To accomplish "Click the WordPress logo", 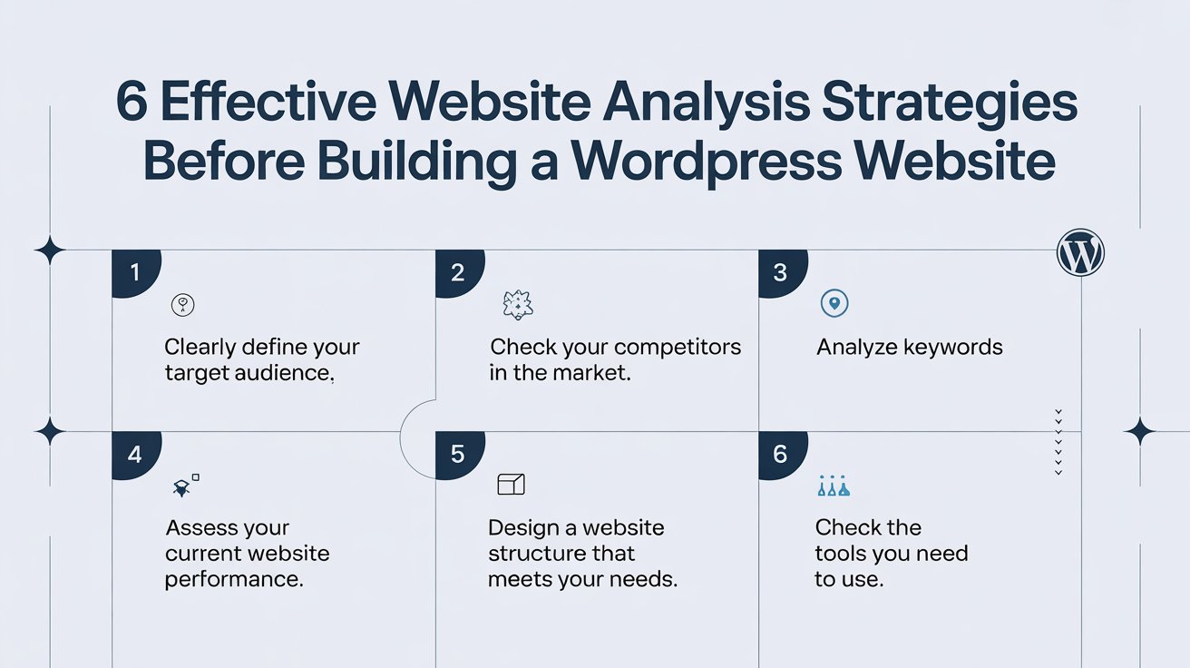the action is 1080,252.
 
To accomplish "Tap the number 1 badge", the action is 135,272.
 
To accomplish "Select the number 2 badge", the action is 458,272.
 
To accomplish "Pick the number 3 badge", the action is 782,272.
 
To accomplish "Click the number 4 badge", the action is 135,455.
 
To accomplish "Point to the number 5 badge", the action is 458,455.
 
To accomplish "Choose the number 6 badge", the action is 782,455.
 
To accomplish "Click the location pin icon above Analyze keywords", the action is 834,303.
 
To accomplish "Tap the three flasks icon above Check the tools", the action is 834,486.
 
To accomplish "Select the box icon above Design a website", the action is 511,485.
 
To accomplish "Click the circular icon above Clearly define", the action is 182,305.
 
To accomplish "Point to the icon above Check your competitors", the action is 517,305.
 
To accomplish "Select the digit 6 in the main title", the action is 132,101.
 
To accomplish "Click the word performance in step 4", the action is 234,580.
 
